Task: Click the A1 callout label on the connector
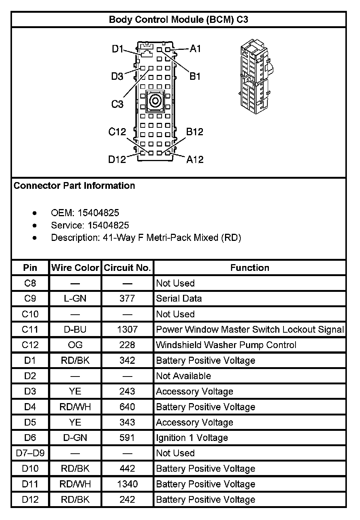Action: tap(195, 49)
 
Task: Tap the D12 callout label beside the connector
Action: tap(117, 159)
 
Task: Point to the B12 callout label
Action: tap(195, 132)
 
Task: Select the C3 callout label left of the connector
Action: tap(117, 104)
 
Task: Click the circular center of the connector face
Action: tap(154, 101)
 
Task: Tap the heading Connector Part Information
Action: tap(74, 186)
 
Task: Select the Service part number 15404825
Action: tap(108, 225)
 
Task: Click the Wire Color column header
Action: tap(75, 267)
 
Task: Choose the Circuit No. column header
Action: tap(127, 267)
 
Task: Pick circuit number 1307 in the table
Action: tap(127, 329)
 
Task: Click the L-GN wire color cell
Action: tap(75, 299)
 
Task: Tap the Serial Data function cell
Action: tap(179, 299)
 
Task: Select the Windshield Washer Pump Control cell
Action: tap(226, 345)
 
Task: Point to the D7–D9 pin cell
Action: tap(30, 453)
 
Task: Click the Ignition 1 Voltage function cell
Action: tap(192, 438)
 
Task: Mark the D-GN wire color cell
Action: tap(75, 438)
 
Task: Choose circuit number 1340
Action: tap(127, 484)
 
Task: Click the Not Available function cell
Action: tap(183, 376)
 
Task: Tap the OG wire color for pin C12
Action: tap(75, 345)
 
